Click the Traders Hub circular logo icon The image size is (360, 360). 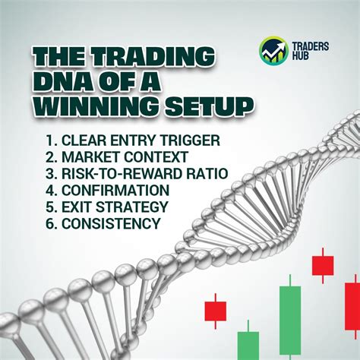click(273, 50)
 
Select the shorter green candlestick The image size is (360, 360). click(248, 343)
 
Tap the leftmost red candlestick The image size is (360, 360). click(216, 310)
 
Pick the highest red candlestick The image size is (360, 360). click(323, 265)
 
